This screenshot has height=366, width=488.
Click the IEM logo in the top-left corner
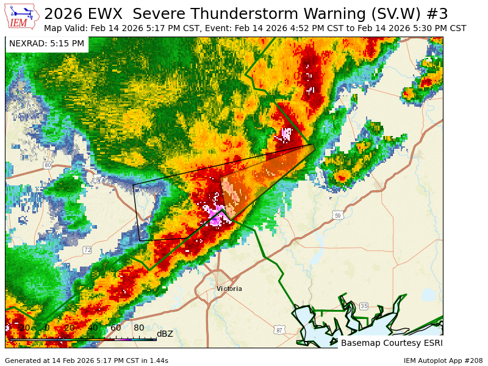click(x=23, y=16)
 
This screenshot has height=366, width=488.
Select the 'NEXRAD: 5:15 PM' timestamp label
click(x=47, y=44)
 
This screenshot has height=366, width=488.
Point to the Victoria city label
click(x=229, y=289)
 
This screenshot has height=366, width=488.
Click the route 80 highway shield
click(x=48, y=165)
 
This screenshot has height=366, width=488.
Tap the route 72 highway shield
click(x=87, y=249)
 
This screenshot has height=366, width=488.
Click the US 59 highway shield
click(x=339, y=215)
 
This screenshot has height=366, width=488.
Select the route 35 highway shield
click(x=364, y=306)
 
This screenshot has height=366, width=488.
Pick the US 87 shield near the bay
click(x=279, y=330)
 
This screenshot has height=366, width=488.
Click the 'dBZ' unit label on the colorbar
click(x=165, y=334)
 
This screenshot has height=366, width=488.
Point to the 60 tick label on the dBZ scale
click(x=115, y=328)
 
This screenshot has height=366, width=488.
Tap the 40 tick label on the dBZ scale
click(x=92, y=328)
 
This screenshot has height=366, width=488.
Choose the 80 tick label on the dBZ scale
click(x=138, y=328)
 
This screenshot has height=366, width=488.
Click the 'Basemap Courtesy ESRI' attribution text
click(x=391, y=343)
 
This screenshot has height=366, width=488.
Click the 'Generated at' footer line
click(x=87, y=361)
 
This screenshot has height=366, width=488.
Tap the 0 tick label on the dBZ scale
click(x=47, y=328)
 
